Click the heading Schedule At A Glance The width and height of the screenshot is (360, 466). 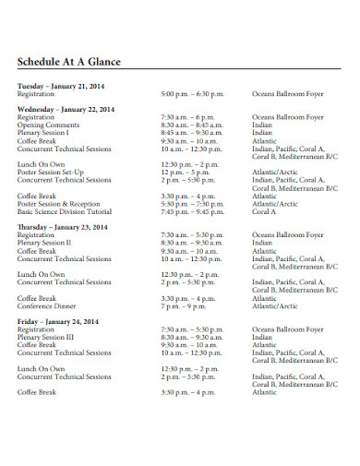click(x=69, y=63)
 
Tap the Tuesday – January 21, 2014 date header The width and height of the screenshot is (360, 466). click(x=61, y=85)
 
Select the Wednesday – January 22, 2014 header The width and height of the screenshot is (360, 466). click(x=66, y=109)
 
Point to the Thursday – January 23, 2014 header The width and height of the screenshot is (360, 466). click(x=64, y=227)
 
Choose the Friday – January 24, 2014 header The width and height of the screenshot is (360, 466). click(x=57, y=321)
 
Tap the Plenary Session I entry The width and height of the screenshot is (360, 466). click(x=43, y=132)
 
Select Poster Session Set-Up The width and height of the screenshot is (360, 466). click(x=51, y=172)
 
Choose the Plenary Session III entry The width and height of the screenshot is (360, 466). click(x=46, y=337)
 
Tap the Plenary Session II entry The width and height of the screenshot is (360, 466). click(x=44, y=243)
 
